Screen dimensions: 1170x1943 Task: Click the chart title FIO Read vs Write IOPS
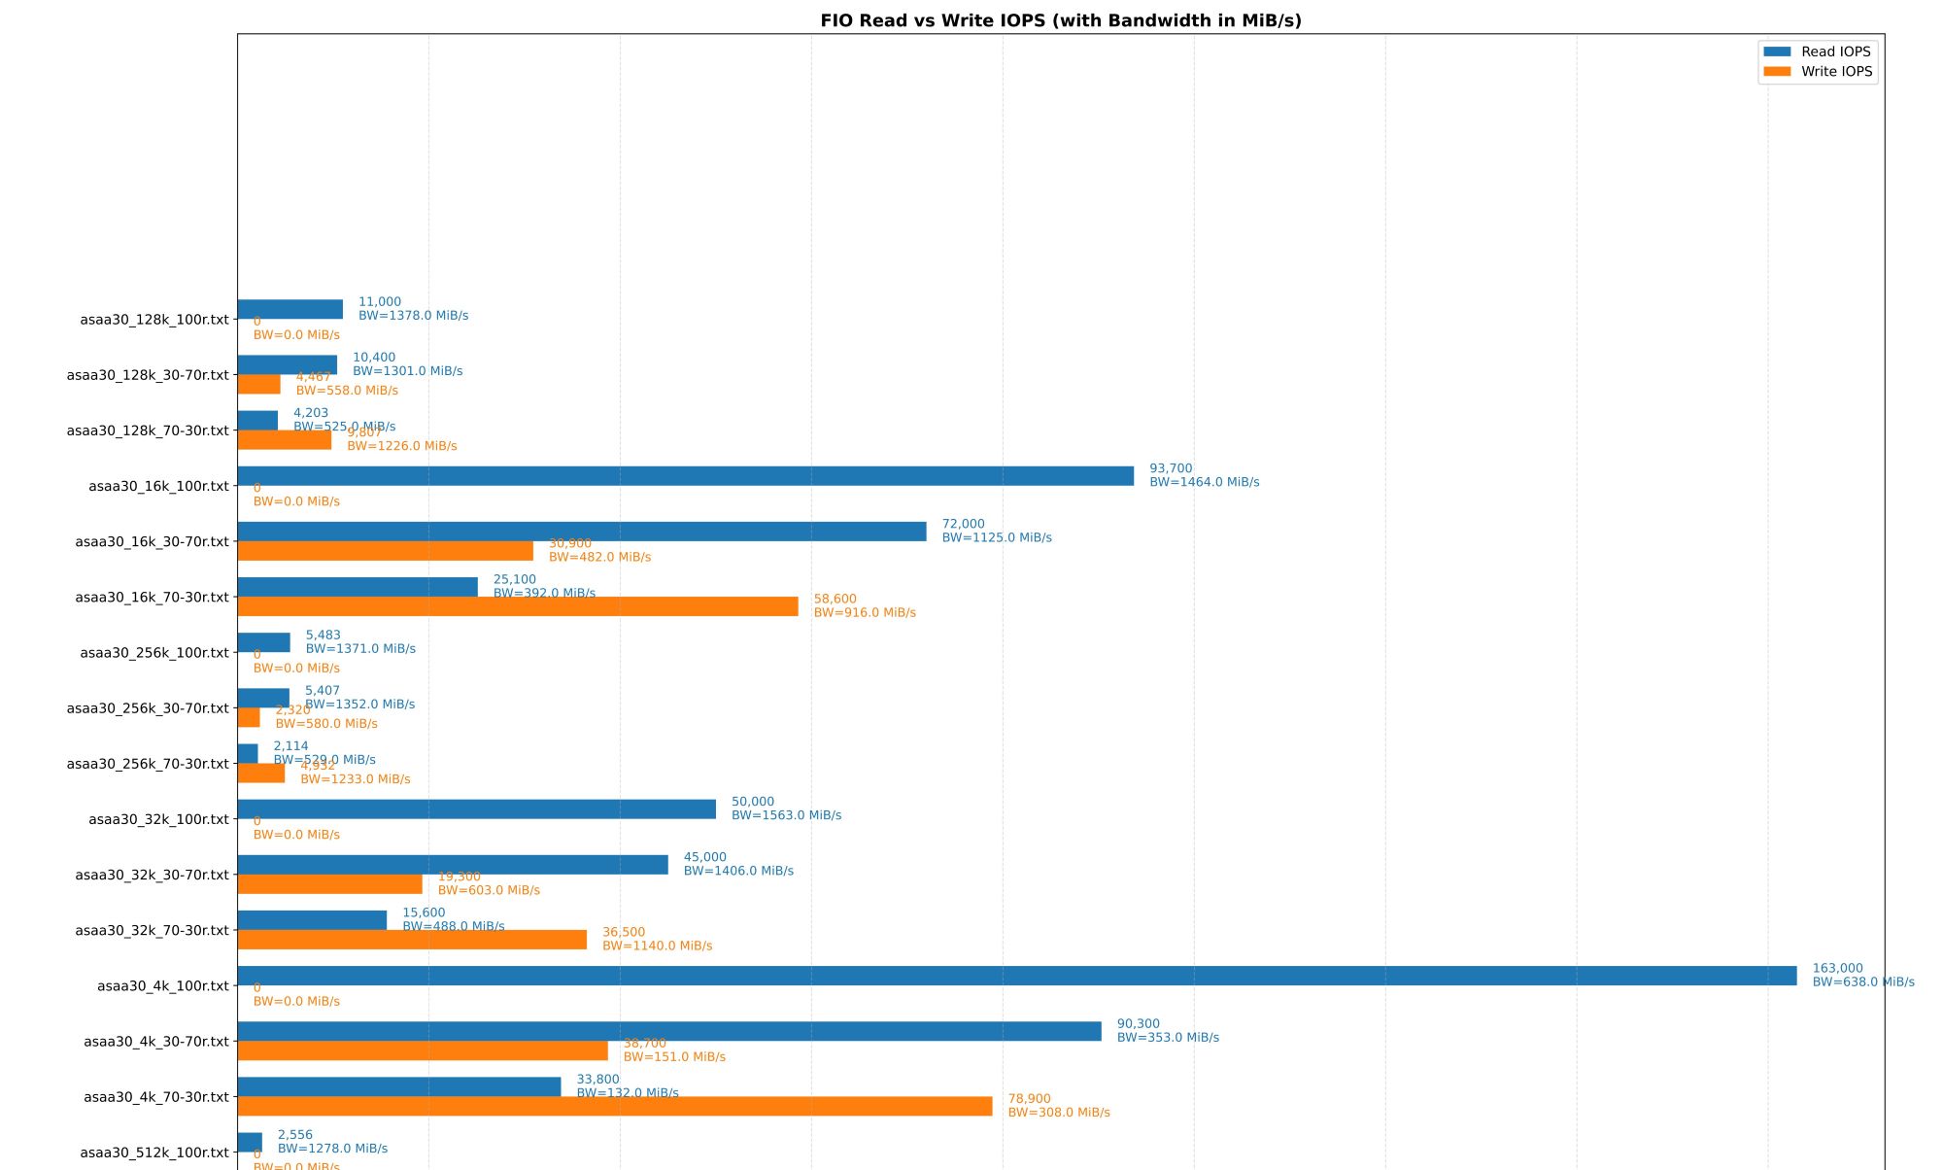click(x=1060, y=20)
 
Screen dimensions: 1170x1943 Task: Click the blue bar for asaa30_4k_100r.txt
click(x=1016, y=976)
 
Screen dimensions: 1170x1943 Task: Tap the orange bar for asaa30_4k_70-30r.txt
click(x=614, y=1106)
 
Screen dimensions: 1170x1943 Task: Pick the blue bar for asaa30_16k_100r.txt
click(x=685, y=476)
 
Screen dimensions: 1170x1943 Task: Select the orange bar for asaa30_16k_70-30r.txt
click(x=517, y=606)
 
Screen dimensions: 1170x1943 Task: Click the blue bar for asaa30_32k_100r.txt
click(x=476, y=809)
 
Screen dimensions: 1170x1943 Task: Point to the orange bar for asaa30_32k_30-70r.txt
click(x=329, y=884)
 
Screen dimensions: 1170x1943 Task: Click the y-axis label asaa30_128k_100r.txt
click(x=154, y=320)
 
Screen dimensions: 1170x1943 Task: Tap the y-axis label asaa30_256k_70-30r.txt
click(x=148, y=764)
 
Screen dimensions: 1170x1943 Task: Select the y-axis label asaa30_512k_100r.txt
click(x=154, y=1153)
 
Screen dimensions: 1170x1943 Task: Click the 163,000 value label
click(x=1837, y=969)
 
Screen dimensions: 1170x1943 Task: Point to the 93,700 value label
click(x=1170, y=468)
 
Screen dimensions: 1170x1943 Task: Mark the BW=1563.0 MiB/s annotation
click(x=786, y=815)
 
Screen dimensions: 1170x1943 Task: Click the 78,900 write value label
click(x=1029, y=1099)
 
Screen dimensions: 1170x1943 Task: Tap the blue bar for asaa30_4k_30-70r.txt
click(x=668, y=1031)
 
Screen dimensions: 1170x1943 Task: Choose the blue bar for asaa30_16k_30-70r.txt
click(x=581, y=532)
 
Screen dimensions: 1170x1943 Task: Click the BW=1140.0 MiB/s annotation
click(x=657, y=946)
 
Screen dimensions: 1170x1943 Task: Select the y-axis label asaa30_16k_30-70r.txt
click(x=152, y=542)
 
